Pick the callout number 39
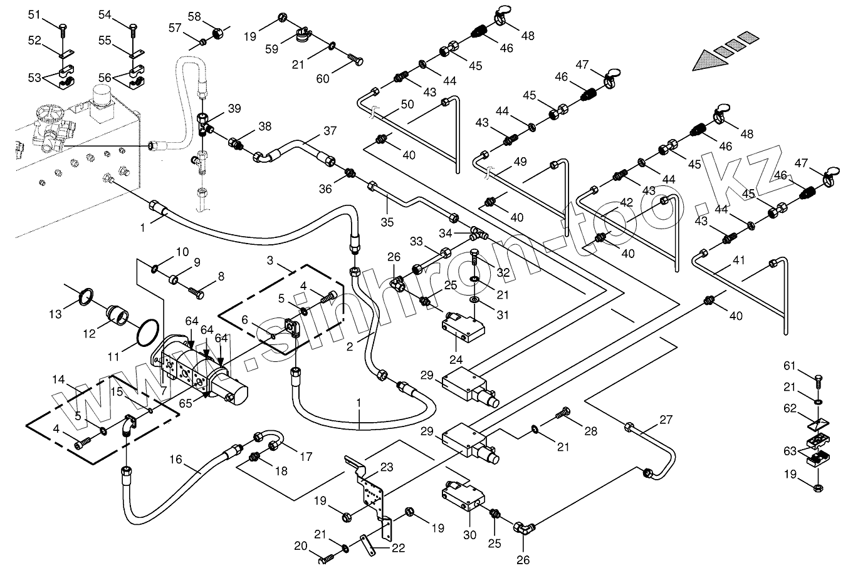(x=234, y=108)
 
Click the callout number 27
(x=666, y=420)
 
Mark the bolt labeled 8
(x=196, y=291)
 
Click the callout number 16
(x=176, y=460)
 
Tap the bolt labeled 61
(x=819, y=379)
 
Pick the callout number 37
(x=330, y=132)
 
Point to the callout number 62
(x=788, y=408)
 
